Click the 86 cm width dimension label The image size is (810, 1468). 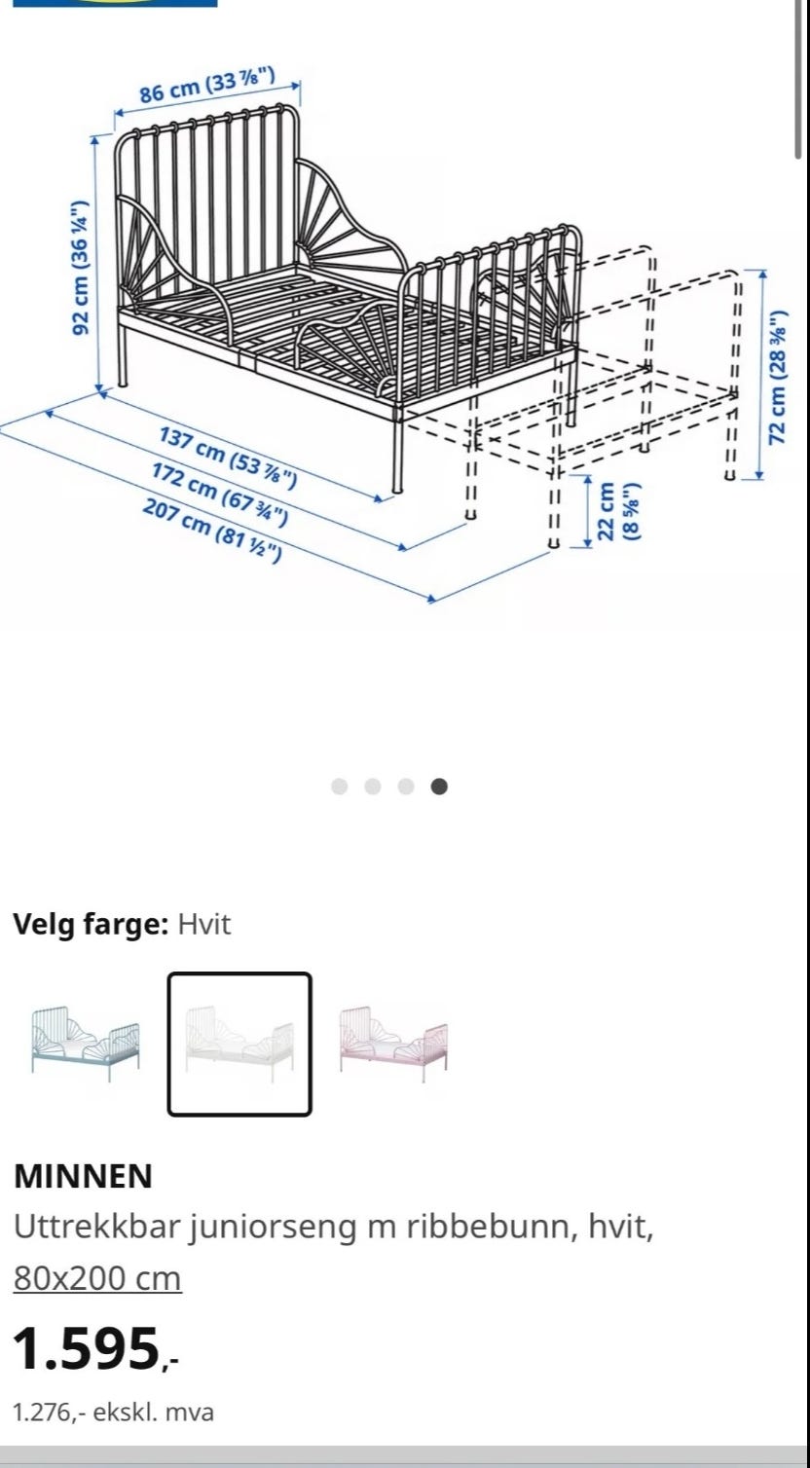[206, 86]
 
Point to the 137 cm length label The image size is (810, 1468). [228, 457]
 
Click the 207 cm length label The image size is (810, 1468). [211, 531]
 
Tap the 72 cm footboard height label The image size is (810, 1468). [777, 377]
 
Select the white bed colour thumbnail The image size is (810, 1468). [239, 1044]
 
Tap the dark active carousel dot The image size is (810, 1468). [439, 786]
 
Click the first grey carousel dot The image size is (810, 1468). [340, 786]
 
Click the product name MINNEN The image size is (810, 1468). [83, 1176]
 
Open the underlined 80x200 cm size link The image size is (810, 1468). [97, 1277]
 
